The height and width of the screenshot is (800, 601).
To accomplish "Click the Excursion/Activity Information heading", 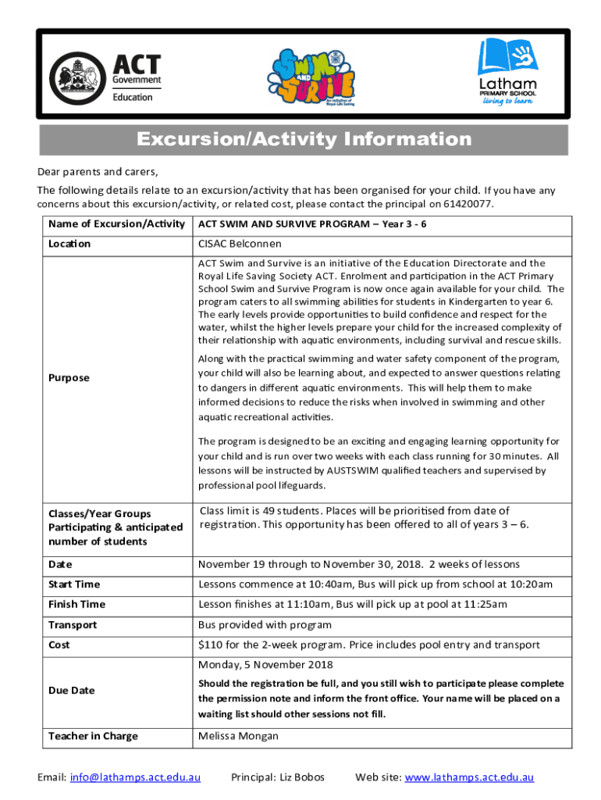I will tap(304, 140).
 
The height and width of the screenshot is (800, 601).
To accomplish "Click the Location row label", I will tap(69, 244).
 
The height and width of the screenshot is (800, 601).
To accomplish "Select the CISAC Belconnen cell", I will tap(240, 244).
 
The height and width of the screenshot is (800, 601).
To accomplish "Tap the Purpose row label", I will tap(69, 377).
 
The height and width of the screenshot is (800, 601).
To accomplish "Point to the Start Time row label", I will tap(74, 584).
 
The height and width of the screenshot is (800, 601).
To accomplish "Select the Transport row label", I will tap(73, 625).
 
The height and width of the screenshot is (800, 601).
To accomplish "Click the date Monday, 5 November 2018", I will tap(265, 665).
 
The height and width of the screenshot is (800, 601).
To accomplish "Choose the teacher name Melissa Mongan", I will tap(238, 736).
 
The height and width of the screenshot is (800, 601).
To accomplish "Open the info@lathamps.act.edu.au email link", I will tap(136, 777).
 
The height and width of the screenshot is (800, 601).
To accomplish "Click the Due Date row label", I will tap(71, 691).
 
